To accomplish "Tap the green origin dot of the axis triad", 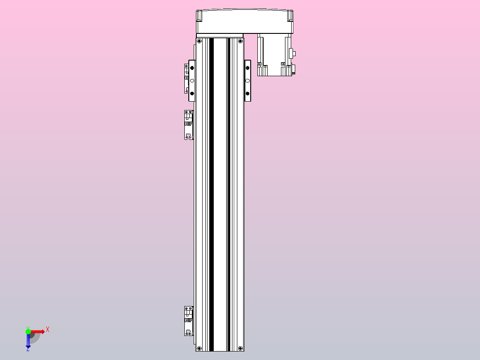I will (28, 331).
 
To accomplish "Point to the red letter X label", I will (47, 330).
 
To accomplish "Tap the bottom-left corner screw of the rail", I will (199, 348).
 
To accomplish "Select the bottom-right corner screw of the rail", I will (240, 348).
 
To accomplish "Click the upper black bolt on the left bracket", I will (192, 68).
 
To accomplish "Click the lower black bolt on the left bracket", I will (192, 94).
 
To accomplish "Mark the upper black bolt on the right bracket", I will (248, 68).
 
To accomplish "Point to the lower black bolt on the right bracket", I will (248, 94).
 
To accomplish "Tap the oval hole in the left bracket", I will (192, 81).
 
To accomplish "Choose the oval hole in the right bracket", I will (248, 81).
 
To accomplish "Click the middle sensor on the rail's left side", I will (189, 125).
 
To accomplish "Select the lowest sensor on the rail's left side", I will (189, 321).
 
